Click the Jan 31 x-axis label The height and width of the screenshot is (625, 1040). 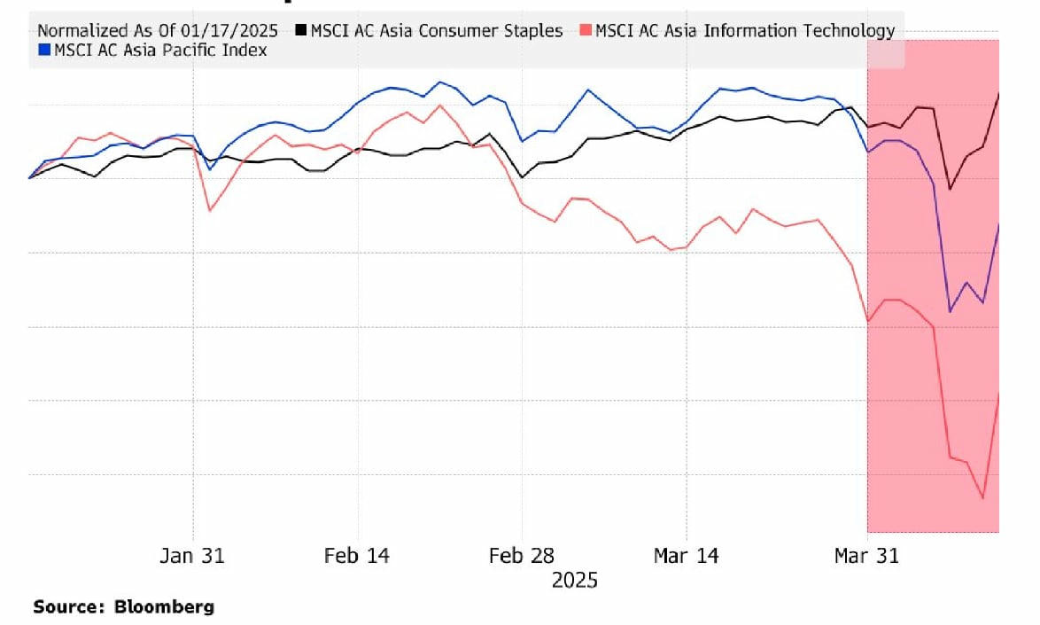coord(192,556)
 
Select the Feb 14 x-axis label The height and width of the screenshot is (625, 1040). coord(356,556)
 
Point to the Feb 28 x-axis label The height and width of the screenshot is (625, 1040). coord(522,556)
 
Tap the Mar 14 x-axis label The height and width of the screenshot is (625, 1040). coord(686,556)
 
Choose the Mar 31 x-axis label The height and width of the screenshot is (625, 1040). coord(866,556)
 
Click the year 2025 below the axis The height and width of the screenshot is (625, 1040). coord(574,581)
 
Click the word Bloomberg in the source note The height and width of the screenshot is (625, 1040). coord(164,607)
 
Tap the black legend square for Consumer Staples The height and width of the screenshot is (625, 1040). coord(302,31)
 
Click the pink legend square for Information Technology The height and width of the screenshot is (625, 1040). coord(586,31)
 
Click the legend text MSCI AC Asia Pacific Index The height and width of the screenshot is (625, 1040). coord(160,51)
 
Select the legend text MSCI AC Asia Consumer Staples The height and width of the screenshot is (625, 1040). coord(436,31)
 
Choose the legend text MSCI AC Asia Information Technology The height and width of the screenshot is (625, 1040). coord(745,31)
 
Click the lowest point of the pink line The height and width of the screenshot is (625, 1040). coord(982,498)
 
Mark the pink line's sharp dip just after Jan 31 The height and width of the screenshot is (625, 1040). coord(209,210)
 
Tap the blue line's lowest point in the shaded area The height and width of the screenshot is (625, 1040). coord(951,311)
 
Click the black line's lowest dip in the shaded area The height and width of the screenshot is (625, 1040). coord(951,189)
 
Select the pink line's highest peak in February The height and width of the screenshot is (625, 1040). coord(439,105)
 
